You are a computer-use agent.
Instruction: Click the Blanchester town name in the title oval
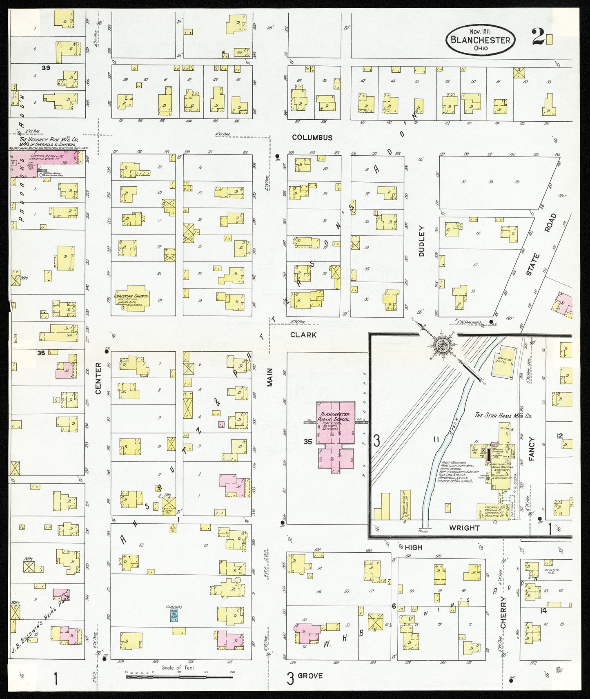[x=480, y=40]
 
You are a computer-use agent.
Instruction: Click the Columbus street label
[x=312, y=138]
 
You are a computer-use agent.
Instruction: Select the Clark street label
[x=303, y=335]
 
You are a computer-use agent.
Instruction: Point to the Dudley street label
[x=422, y=241]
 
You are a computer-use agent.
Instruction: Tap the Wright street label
[x=464, y=527]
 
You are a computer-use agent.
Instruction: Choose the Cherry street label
[x=503, y=612]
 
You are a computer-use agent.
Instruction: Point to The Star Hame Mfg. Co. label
[x=503, y=415]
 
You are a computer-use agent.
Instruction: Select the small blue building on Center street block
[x=174, y=615]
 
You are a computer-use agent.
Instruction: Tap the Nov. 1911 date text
[x=480, y=31]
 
